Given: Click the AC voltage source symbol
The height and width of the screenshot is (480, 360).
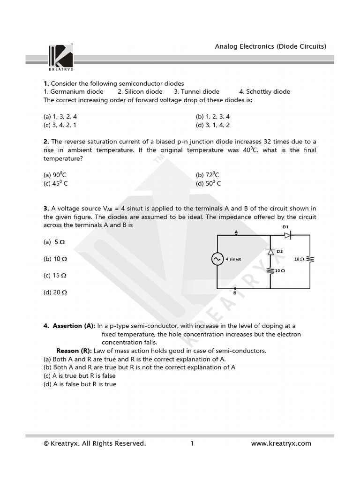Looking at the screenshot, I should click(218, 259).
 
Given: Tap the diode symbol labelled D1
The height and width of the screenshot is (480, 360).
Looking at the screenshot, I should click(287, 235).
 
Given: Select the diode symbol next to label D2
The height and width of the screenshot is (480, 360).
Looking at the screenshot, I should click(270, 252).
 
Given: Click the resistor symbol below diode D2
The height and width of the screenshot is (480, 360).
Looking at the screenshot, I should click(270, 271).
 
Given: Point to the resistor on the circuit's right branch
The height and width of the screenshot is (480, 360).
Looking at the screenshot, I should click(310, 259).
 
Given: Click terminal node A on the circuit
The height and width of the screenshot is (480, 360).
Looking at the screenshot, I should click(236, 235).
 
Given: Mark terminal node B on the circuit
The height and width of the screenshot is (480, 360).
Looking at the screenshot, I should click(235, 289).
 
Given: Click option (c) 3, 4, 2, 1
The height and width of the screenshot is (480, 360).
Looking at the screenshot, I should click(60, 125).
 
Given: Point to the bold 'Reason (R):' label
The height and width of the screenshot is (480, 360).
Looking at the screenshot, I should click(74, 351).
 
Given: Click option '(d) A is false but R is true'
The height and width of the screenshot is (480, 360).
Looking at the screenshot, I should click(80, 384).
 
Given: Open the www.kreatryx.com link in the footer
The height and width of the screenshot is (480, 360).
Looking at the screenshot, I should click(281, 443).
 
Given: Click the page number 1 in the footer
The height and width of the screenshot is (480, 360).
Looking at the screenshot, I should click(192, 443).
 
